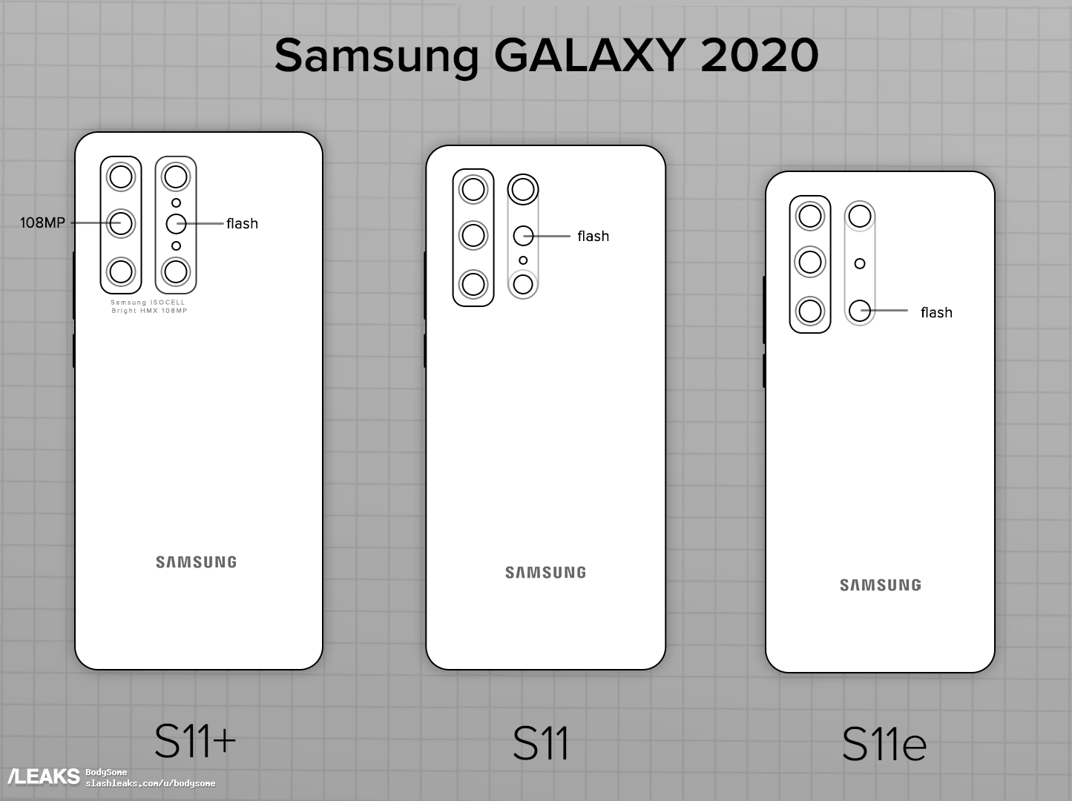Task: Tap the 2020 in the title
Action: [x=760, y=55]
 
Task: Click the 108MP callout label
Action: [x=42, y=222]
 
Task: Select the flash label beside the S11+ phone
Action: [x=243, y=223]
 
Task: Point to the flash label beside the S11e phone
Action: [x=936, y=312]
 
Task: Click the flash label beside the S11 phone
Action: [x=593, y=236]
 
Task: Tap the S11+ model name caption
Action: [x=195, y=742]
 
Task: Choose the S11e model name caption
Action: [x=884, y=745]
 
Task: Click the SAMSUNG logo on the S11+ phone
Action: [x=197, y=562]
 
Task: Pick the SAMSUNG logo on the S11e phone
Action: [x=881, y=584]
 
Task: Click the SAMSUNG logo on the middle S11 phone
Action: [x=545, y=572]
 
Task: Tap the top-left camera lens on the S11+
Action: [x=121, y=177]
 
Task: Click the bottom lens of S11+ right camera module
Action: [x=176, y=271]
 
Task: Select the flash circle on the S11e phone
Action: [x=860, y=311]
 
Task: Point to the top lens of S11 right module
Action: [x=523, y=189]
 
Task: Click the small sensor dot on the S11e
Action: [x=860, y=263]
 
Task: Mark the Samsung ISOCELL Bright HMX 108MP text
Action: [x=148, y=306]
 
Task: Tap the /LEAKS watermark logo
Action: [x=44, y=776]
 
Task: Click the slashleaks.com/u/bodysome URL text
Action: [x=151, y=783]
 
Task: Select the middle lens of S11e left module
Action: [x=809, y=262]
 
